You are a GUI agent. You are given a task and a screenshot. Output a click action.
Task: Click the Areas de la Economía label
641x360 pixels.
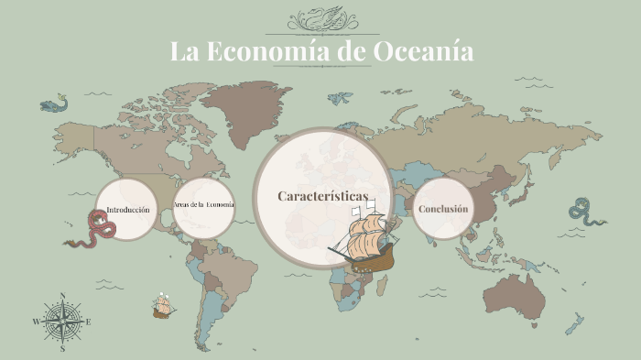tap(203, 203)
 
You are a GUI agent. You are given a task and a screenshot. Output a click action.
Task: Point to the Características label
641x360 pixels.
tap(322, 197)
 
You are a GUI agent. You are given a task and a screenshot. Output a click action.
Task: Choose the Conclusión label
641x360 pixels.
tap(443, 209)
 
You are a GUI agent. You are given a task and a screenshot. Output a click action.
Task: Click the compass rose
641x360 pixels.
tap(62, 322)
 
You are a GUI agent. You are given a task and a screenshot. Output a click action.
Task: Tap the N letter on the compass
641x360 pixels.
tap(62, 295)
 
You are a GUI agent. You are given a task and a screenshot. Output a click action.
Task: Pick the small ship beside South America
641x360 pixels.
tap(164, 306)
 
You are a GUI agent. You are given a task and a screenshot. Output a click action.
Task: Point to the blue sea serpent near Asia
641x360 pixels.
tap(586, 213)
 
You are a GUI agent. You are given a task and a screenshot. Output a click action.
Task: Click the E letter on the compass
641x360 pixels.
tap(89, 322)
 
